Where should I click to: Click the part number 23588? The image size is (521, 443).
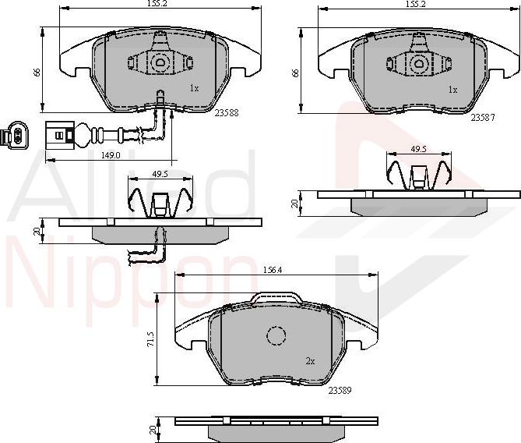click(x=226, y=112)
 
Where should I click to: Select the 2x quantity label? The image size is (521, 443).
click(x=310, y=361)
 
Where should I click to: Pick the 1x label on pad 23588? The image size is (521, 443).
click(x=194, y=89)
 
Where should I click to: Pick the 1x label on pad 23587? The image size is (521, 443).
click(x=452, y=90)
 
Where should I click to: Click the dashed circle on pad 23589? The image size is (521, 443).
click(x=278, y=336)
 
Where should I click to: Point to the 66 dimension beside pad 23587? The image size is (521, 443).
click(x=294, y=71)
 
